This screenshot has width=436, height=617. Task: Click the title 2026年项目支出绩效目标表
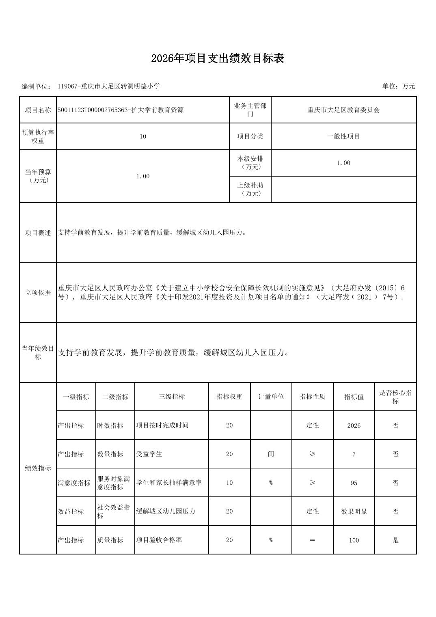218,58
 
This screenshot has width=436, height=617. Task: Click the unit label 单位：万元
398,86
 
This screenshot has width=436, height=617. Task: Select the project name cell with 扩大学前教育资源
121,110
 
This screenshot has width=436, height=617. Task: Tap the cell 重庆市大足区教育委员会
343,110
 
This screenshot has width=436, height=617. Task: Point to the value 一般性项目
343,136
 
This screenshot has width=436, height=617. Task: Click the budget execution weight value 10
142,136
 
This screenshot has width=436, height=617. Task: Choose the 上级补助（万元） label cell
250,189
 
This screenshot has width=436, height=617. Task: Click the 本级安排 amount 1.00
343,163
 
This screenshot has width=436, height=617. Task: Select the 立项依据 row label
38,293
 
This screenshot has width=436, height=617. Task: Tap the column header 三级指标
171,397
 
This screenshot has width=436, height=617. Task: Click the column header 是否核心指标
395,397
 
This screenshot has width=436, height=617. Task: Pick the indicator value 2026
354,425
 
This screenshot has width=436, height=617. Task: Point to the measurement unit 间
271,454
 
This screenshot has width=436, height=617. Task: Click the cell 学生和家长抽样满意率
169,483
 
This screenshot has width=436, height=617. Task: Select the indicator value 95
354,483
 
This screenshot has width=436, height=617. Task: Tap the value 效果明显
354,511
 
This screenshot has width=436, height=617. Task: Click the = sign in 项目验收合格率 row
312,540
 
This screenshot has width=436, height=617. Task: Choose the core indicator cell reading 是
395,540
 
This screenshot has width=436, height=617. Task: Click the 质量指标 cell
110,540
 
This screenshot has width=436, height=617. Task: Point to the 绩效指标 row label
38,468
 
